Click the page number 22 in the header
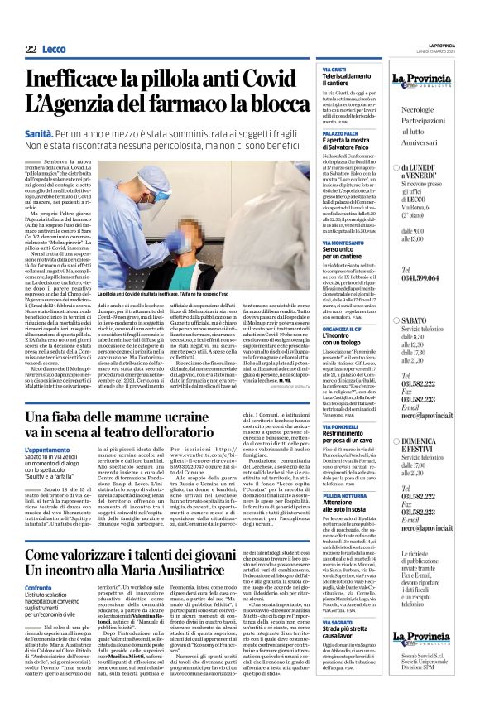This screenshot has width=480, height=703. (31, 50)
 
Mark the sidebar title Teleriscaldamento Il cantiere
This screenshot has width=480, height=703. (347, 84)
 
